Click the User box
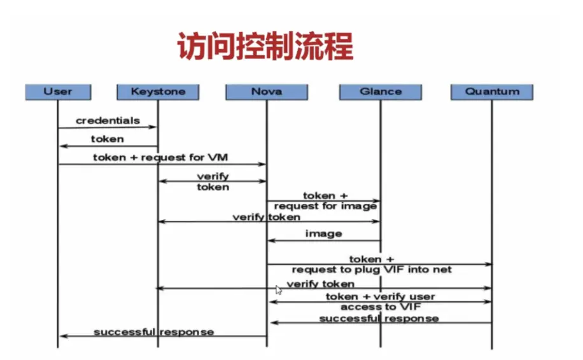tap(58, 92)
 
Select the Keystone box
tap(158, 92)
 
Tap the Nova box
tap(266, 92)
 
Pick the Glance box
tap(381, 92)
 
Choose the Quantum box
tap(492, 92)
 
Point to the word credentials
tap(108, 120)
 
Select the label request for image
tap(325, 206)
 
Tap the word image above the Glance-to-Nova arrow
tap(323, 233)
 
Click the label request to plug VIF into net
tap(372, 270)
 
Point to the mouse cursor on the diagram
tap(278, 290)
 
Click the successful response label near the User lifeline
tap(153, 332)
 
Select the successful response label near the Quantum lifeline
tap(379, 318)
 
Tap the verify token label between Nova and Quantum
tap(320, 284)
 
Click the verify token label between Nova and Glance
tap(266, 217)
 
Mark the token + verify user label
tap(380, 296)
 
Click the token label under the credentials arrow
tap(108, 139)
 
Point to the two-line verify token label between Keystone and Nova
tap(213, 181)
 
